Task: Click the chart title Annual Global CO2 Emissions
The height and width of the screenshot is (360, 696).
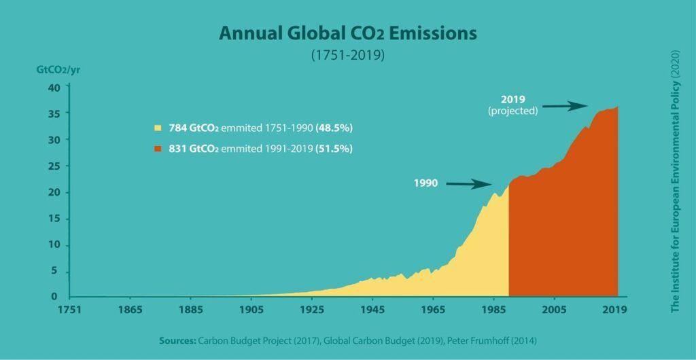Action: (x=348, y=33)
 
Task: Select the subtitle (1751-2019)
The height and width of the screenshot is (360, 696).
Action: (x=348, y=55)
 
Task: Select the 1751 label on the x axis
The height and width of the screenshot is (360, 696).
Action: (x=69, y=309)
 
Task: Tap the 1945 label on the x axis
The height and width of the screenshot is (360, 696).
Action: (x=372, y=309)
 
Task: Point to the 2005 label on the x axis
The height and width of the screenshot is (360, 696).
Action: (x=554, y=309)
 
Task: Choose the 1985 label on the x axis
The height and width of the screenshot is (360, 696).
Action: (x=493, y=309)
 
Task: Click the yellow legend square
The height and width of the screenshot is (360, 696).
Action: (x=158, y=128)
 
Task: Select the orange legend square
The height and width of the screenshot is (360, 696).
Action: (x=158, y=148)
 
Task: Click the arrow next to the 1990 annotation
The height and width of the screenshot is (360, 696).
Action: (x=469, y=183)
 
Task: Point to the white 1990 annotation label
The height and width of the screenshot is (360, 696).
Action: (x=426, y=183)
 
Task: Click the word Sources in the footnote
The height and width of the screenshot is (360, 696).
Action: (x=178, y=340)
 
